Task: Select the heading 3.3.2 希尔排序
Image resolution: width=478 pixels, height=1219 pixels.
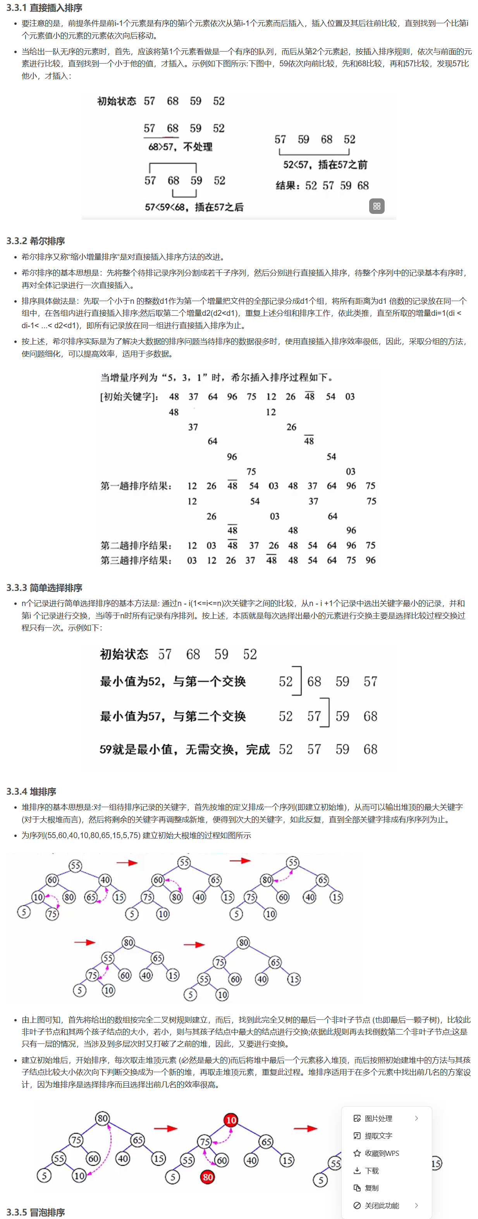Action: pos(36,241)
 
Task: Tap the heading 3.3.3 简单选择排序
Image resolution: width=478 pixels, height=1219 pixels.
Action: pos(44,588)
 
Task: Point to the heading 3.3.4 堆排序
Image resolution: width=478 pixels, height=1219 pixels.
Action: pos(31,792)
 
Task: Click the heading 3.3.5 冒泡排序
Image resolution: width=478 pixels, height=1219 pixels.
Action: pos(36,1212)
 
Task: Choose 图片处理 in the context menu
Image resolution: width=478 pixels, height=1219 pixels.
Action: pos(378,1118)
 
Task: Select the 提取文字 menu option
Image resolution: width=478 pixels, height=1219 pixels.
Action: pos(378,1136)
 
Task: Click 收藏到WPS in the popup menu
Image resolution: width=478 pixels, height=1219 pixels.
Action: pos(382,1153)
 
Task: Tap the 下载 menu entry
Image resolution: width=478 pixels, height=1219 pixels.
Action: pos(371,1171)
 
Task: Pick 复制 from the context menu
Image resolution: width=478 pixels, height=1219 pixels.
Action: pos(371,1188)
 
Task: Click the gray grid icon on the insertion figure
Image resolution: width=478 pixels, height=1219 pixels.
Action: pos(377,206)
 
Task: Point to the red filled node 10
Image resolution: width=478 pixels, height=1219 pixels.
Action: pos(231,1120)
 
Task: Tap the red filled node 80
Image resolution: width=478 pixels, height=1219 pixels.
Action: pos(207,1177)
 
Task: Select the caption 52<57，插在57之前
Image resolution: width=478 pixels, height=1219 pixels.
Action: pos(325,165)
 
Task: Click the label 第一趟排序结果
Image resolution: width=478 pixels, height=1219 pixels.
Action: pos(136,486)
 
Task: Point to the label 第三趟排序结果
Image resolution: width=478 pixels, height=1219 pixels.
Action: pos(136,560)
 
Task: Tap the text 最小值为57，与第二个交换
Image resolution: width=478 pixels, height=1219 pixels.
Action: pos(173,716)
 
